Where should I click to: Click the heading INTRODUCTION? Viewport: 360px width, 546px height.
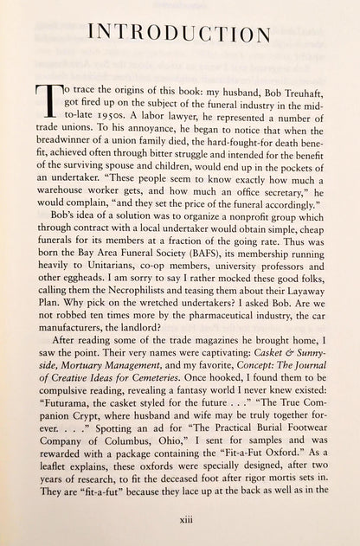pyautogui.click(x=179, y=35)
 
